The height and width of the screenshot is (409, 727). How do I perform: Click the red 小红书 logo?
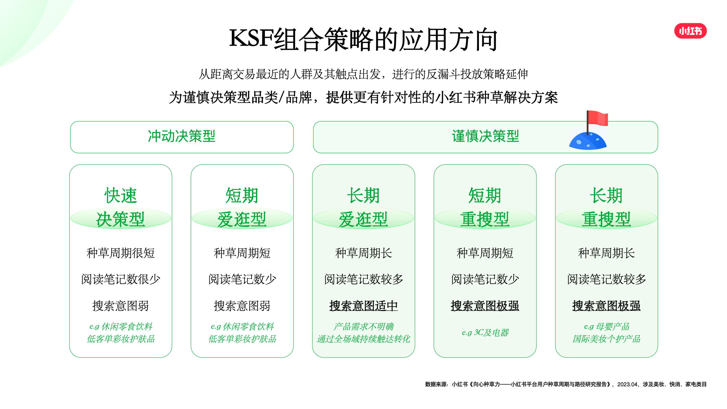pyautogui.click(x=690, y=31)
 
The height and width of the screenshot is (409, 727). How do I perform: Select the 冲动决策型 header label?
pyautogui.click(x=182, y=136)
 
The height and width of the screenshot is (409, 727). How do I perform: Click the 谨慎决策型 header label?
pyautogui.click(x=485, y=136)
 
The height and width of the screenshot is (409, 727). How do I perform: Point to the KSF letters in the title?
pyautogui.click(x=251, y=38)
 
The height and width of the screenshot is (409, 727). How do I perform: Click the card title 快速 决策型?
pyautogui.click(x=120, y=207)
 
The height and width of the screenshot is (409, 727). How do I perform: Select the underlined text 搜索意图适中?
pyautogui.click(x=363, y=306)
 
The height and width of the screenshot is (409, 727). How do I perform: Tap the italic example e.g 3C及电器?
pyautogui.click(x=485, y=333)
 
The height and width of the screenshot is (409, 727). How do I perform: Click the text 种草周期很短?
pyautogui.click(x=120, y=253)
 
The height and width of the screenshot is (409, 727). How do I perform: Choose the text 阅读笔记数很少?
pyautogui.click(x=120, y=279)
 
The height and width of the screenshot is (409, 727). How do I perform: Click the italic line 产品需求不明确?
pyautogui.click(x=363, y=327)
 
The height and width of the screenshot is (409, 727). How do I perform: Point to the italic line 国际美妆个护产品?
pyautogui.click(x=606, y=339)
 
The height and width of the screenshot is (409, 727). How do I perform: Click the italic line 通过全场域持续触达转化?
pyautogui.click(x=363, y=339)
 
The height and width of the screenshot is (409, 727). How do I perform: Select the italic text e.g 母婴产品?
pyautogui.click(x=606, y=327)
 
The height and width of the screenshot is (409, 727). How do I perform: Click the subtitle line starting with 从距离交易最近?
pyautogui.click(x=363, y=74)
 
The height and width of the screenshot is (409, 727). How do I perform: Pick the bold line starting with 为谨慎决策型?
pyautogui.click(x=363, y=97)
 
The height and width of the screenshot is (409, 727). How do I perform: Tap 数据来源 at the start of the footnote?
pyautogui.click(x=436, y=384)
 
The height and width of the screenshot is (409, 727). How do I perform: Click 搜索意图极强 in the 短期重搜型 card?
pyautogui.click(x=485, y=306)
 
